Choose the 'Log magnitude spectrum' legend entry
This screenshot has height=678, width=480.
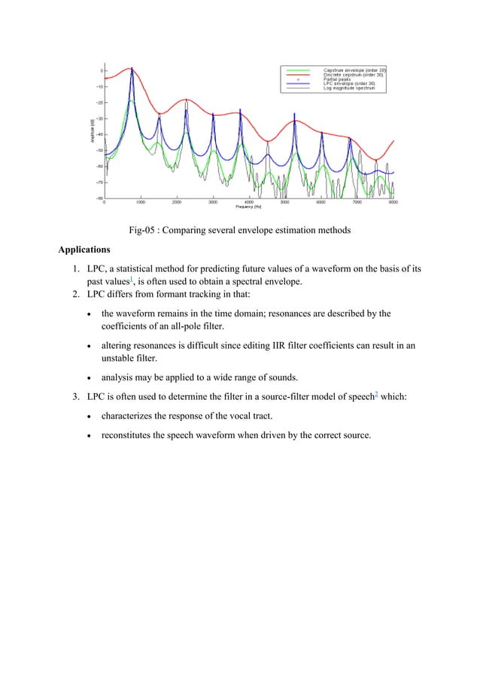coord(357,88)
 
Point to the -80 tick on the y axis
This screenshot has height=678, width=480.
coord(98,198)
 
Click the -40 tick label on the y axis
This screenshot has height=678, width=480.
coord(98,135)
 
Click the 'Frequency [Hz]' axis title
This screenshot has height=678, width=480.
coord(248,207)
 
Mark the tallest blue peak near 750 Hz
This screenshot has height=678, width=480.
coord(132,69)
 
